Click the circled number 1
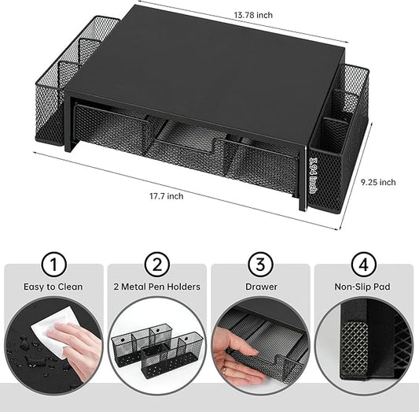[x=53, y=264]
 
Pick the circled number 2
[x=156, y=264]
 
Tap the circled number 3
[x=260, y=264]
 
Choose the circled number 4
[x=364, y=264]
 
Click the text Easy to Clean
[x=53, y=288]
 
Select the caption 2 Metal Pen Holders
[x=156, y=288]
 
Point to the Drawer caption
[x=260, y=288]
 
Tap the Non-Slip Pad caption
[x=364, y=288]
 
